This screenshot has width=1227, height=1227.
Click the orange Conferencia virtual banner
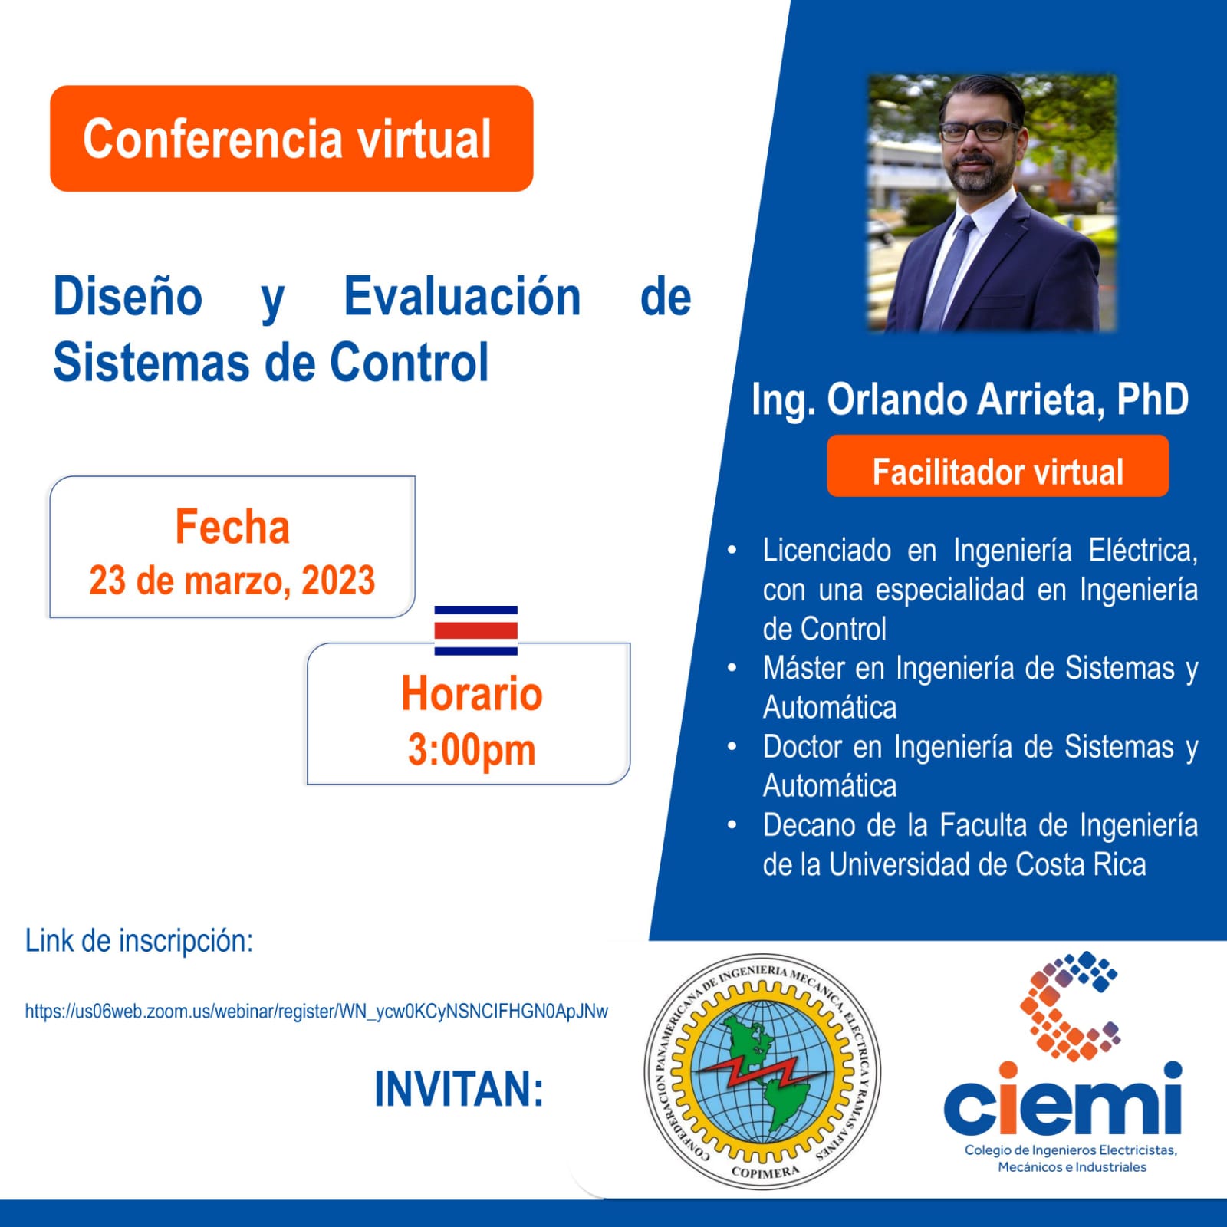291,139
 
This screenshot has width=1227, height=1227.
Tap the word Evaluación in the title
462,297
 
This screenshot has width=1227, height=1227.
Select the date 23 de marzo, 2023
232,581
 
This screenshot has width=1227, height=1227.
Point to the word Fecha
232,527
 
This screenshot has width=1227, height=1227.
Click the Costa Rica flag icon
476,630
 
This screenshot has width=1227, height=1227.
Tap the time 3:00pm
472,751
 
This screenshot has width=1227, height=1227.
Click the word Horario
472,693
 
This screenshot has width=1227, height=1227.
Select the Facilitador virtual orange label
998,466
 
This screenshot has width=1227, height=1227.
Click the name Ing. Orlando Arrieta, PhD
970,400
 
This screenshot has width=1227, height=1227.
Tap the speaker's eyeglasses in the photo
978,131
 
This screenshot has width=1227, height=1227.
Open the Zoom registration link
317,1012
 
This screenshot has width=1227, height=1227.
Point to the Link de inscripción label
139,941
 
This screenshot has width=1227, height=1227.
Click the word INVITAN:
459,1089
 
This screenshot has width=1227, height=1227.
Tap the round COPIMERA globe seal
762,1071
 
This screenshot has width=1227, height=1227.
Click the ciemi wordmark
1063,1097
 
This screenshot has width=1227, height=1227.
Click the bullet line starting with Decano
980,845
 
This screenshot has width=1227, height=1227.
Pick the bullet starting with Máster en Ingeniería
980,688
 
